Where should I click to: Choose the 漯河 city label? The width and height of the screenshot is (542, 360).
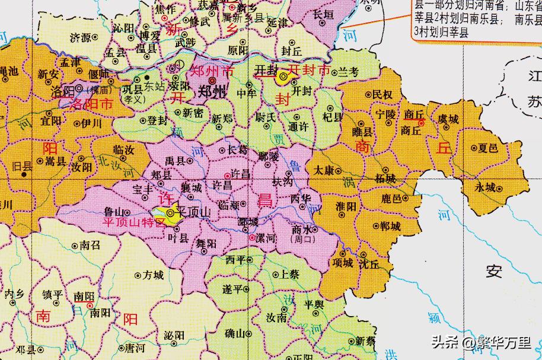coord(266,237)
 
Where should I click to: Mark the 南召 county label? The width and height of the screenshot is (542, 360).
coord(90,244)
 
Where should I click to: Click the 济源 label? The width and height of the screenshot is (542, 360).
coord(81,37)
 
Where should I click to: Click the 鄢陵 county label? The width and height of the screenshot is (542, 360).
coord(269,155)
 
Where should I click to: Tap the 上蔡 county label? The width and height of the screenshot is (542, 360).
coord(289,275)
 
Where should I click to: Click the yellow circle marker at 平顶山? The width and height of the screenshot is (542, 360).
coord(170,212)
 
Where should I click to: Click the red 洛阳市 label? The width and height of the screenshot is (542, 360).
coord(91,104)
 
